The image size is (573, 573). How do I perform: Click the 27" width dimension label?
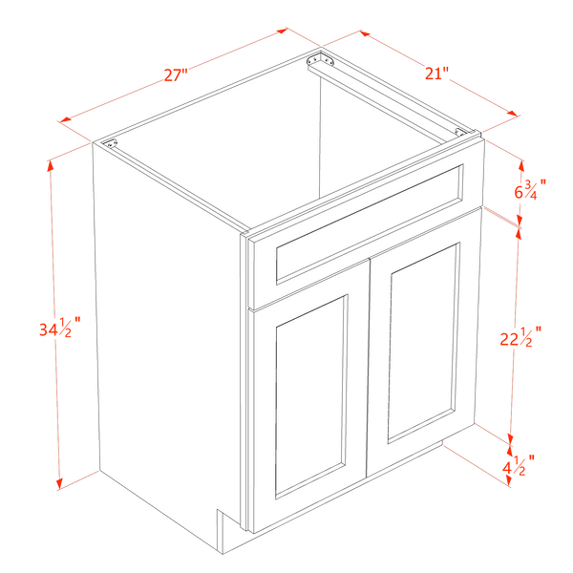coord(176,74)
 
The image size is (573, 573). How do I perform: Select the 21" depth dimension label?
coord(436,74)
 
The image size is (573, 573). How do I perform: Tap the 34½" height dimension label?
coord(59,328)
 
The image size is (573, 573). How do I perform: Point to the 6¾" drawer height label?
coord(530,189)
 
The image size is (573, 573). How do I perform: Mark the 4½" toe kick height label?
coord(519,465)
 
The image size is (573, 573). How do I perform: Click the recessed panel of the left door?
coord(309,396)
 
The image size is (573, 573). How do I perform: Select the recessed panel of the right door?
coord(423,343)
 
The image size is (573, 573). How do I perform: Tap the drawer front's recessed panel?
coord(370,224)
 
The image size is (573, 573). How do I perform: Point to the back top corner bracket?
coord(321,60)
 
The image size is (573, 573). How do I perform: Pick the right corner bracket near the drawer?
coord(460,132)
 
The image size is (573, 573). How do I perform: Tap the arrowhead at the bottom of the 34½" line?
coord(59,484)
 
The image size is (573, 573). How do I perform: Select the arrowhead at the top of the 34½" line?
coord(50,166)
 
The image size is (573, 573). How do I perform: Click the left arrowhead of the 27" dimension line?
coord(65,120)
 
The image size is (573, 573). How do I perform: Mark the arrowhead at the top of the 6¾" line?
coord(521,166)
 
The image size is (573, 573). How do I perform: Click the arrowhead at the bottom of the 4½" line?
coord(508,481)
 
